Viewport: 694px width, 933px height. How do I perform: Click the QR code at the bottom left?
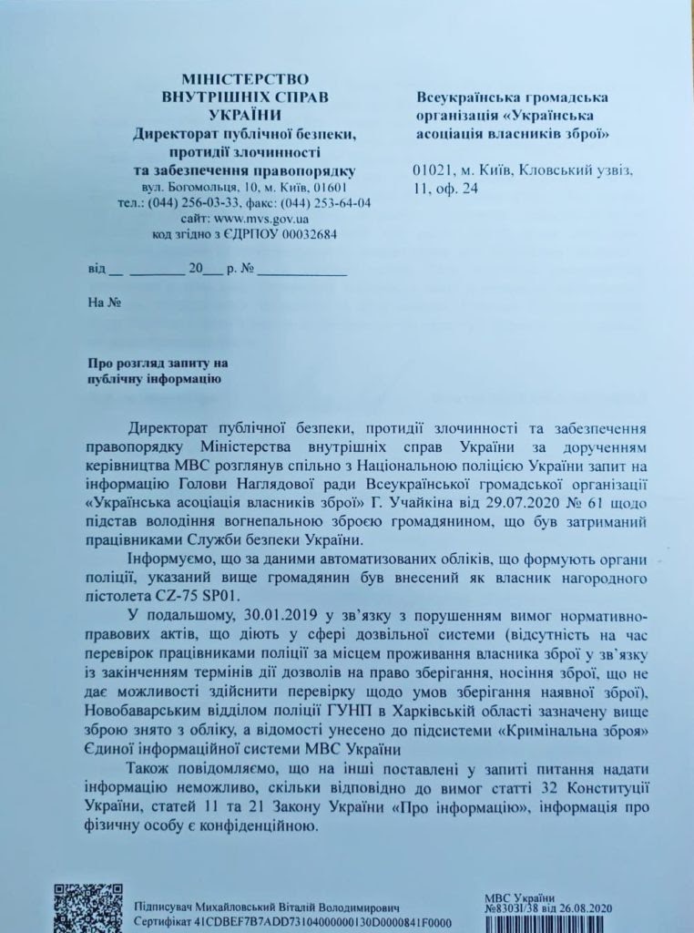[87, 907]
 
